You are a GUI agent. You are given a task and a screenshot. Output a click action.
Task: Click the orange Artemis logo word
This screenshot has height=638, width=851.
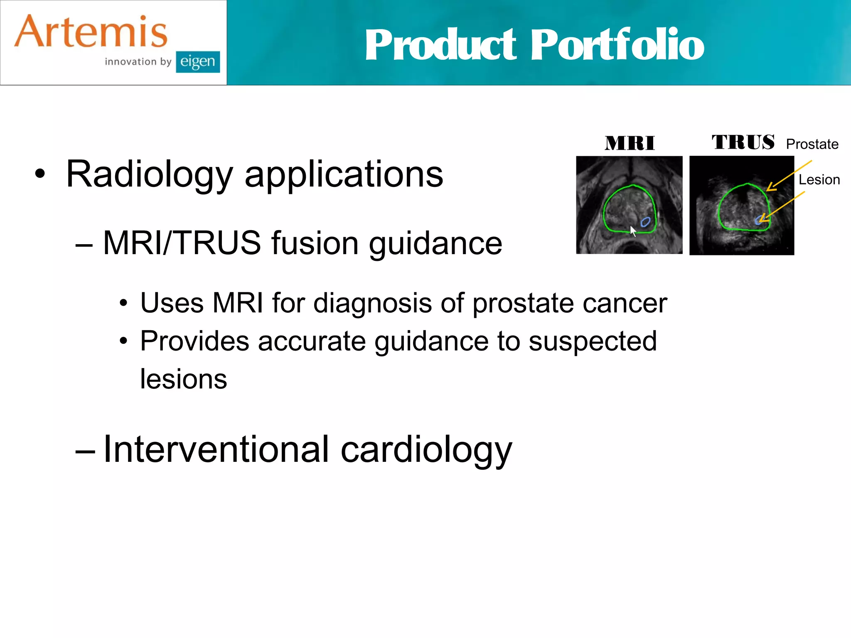coord(91,32)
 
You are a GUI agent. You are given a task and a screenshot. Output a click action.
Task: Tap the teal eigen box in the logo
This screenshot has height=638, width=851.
coord(198,62)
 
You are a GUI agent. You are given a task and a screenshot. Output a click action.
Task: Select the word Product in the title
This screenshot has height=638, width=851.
coord(440,44)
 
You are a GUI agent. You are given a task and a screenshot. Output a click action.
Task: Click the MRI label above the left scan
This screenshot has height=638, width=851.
coord(630,144)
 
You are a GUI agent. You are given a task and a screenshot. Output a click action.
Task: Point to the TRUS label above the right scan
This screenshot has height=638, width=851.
coord(743,142)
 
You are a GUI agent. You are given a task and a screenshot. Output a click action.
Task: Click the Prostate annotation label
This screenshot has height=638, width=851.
coord(812,144)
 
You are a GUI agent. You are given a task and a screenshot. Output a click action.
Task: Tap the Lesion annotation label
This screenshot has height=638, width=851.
coord(819,180)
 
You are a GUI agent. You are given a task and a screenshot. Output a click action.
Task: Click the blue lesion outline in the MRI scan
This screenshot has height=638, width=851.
coord(645,222)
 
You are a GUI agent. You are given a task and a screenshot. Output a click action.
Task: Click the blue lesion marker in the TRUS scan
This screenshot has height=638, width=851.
coord(759,221)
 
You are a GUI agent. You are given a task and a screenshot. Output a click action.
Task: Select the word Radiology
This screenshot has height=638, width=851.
coord(150,174)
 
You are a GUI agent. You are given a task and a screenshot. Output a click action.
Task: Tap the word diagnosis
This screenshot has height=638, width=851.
coord(372,303)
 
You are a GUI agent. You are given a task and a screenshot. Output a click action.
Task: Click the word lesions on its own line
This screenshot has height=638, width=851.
coord(183,379)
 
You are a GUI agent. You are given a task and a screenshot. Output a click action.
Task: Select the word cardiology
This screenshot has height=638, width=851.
coord(426,450)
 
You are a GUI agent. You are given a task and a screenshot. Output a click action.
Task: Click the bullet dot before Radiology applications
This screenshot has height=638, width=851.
coord(40,174)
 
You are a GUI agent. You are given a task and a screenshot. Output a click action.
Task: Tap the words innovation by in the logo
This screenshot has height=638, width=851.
coord(138,62)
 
